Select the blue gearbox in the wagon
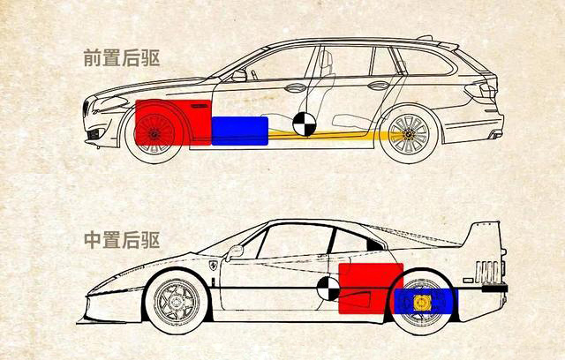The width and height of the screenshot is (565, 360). coord(240,130)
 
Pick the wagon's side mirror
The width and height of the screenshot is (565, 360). coord(239,76)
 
